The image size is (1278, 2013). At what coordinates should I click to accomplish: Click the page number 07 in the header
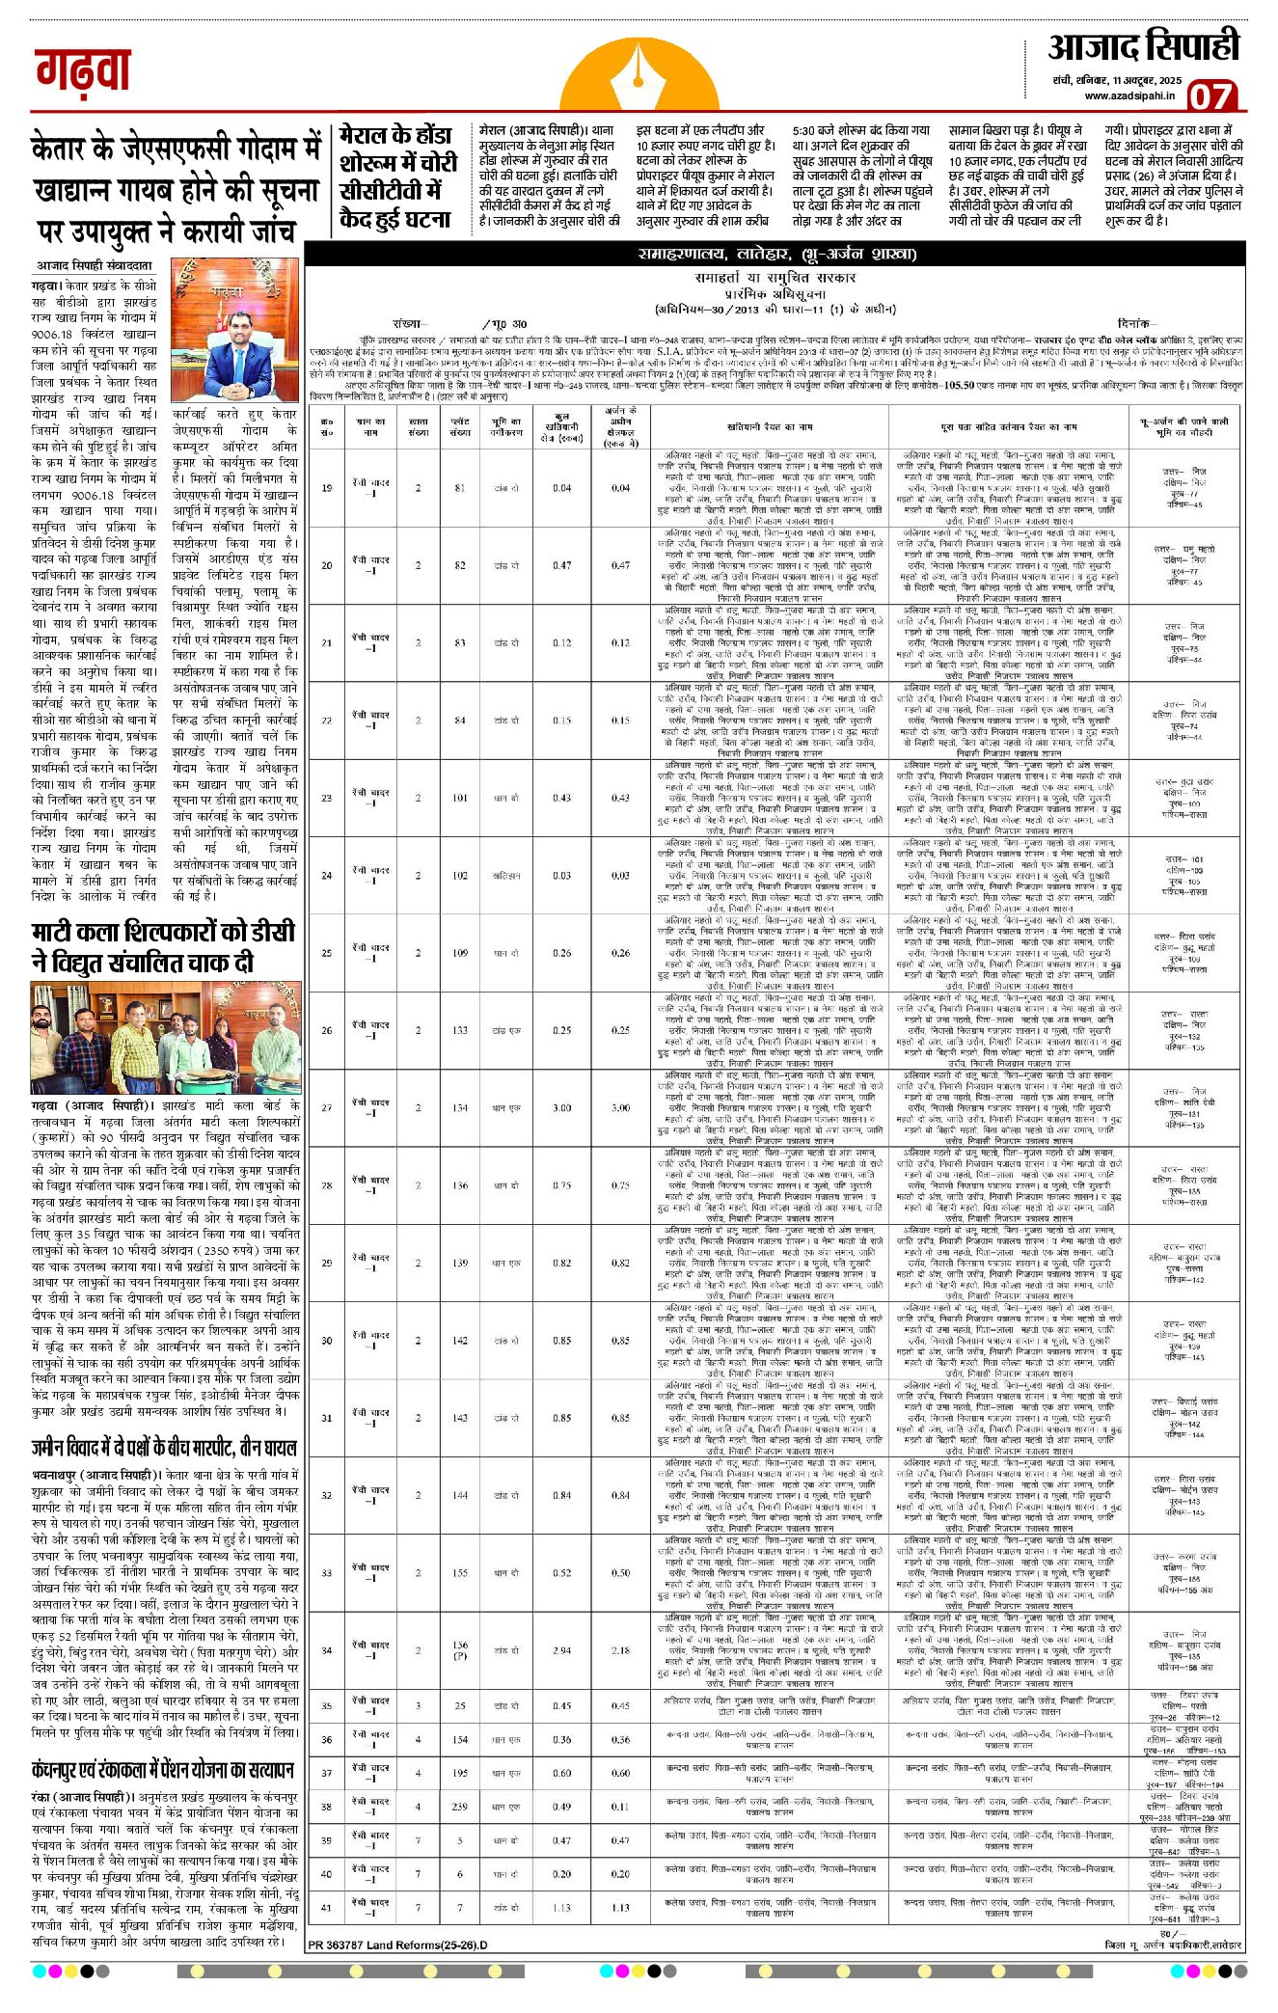click(x=1210, y=96)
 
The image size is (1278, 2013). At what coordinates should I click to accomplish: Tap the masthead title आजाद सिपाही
click(x=1143, y=47)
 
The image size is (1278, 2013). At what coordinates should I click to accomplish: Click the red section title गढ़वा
click(x=83, y=71)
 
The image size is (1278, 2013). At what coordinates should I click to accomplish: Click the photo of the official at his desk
click(x=235, y=330)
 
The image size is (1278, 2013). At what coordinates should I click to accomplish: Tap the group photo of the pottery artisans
click(x=165, y=1038)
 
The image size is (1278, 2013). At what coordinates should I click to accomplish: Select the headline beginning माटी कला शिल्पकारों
click(x=163, y=947)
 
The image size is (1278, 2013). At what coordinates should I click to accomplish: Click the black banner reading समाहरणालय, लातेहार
click(x=775, y=255)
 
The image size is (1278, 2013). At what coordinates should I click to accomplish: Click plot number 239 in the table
click(x=460, y=1807)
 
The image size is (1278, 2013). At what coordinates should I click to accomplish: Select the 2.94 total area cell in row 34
click(x=561, y=1650)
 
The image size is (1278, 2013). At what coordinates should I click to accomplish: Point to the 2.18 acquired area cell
click(x=620, y=1650)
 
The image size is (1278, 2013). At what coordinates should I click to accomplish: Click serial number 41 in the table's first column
click(x=327, y=1907)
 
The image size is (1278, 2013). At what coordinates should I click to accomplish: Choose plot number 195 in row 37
click(x=460, y=1773)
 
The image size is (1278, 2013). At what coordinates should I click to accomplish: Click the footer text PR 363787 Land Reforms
click(x=399, y=1945)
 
